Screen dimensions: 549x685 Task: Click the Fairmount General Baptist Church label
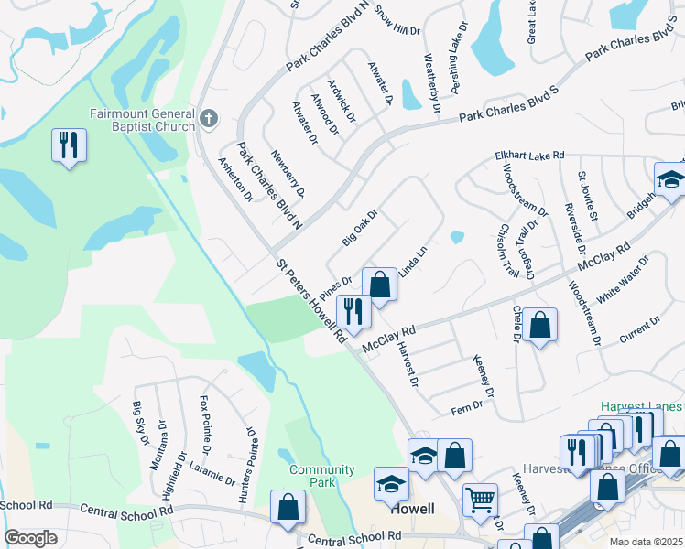pos(142,120)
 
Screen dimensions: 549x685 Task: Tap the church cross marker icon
pos(209,118)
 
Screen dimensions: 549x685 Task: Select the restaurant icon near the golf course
pos(69,146)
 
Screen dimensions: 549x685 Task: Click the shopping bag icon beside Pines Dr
pos(379,285)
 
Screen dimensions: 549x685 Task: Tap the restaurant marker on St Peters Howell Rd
pos(353,313)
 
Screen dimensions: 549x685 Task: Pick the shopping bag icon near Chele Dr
pos(540,325)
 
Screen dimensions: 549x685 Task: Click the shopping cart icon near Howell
pos(480,500)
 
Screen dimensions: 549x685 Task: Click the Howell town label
pos(411,509)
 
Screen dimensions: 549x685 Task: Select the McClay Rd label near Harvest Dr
pos(389,339)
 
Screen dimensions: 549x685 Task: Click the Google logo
pos(30,538)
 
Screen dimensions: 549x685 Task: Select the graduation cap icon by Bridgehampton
pos(670,179)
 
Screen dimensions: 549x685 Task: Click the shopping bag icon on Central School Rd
pos(288,508)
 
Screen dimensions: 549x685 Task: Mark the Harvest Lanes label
pos(641,406)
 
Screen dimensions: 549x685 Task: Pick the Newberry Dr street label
pos(288,173)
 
